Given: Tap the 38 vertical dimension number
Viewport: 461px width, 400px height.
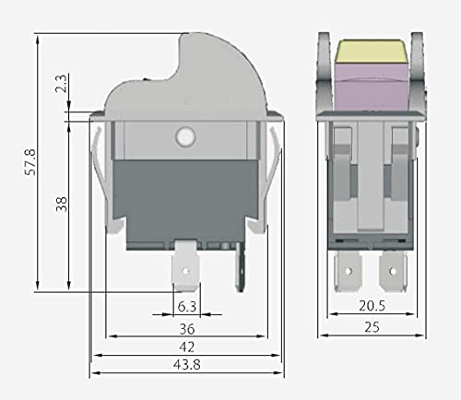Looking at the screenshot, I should (x=61, y=204).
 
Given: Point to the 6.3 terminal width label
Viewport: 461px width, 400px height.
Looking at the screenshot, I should (x=186, y=306).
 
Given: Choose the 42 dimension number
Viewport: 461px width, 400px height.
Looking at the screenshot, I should (x=186, y=347).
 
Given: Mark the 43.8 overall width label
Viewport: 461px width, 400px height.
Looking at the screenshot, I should (x=186, y=367).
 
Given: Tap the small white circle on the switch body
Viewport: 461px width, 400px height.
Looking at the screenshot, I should (x=183, y=137).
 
